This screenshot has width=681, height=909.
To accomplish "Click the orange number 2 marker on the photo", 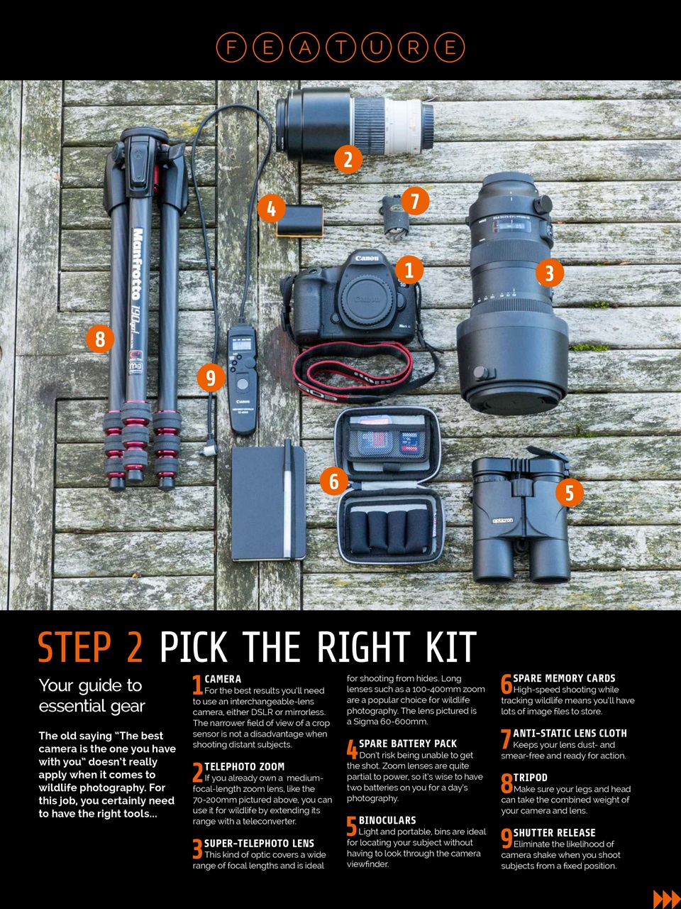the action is click(x=348, y=160).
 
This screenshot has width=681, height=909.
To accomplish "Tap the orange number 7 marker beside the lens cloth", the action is click(x=415, y=201).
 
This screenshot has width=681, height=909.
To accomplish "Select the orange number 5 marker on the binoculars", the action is click(x=570, y=493).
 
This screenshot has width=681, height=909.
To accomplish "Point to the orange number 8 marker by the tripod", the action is click(x=100, y=339).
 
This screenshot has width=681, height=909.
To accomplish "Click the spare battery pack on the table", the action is click(x=300, y=221).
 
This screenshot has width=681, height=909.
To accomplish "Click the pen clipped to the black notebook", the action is click(x=287, y=499).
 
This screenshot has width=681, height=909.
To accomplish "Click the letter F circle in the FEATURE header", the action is click(x=231, y=47).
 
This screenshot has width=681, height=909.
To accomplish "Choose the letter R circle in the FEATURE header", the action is click(x=413, y=47).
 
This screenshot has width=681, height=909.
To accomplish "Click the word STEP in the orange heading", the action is click(x=75, y=647).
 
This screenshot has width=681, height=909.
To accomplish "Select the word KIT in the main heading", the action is click(x=451, y=647).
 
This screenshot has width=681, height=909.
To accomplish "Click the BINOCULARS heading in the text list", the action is click(x=387, y=820).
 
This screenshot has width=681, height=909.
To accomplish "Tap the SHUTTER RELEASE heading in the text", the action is click(x=554, y=833).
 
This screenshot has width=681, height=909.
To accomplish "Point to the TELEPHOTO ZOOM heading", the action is click(x=244, y=766).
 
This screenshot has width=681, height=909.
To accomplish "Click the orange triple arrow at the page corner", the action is click(x=667, y=899).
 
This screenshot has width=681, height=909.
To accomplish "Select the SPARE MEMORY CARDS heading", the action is click(x=564, y=678).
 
